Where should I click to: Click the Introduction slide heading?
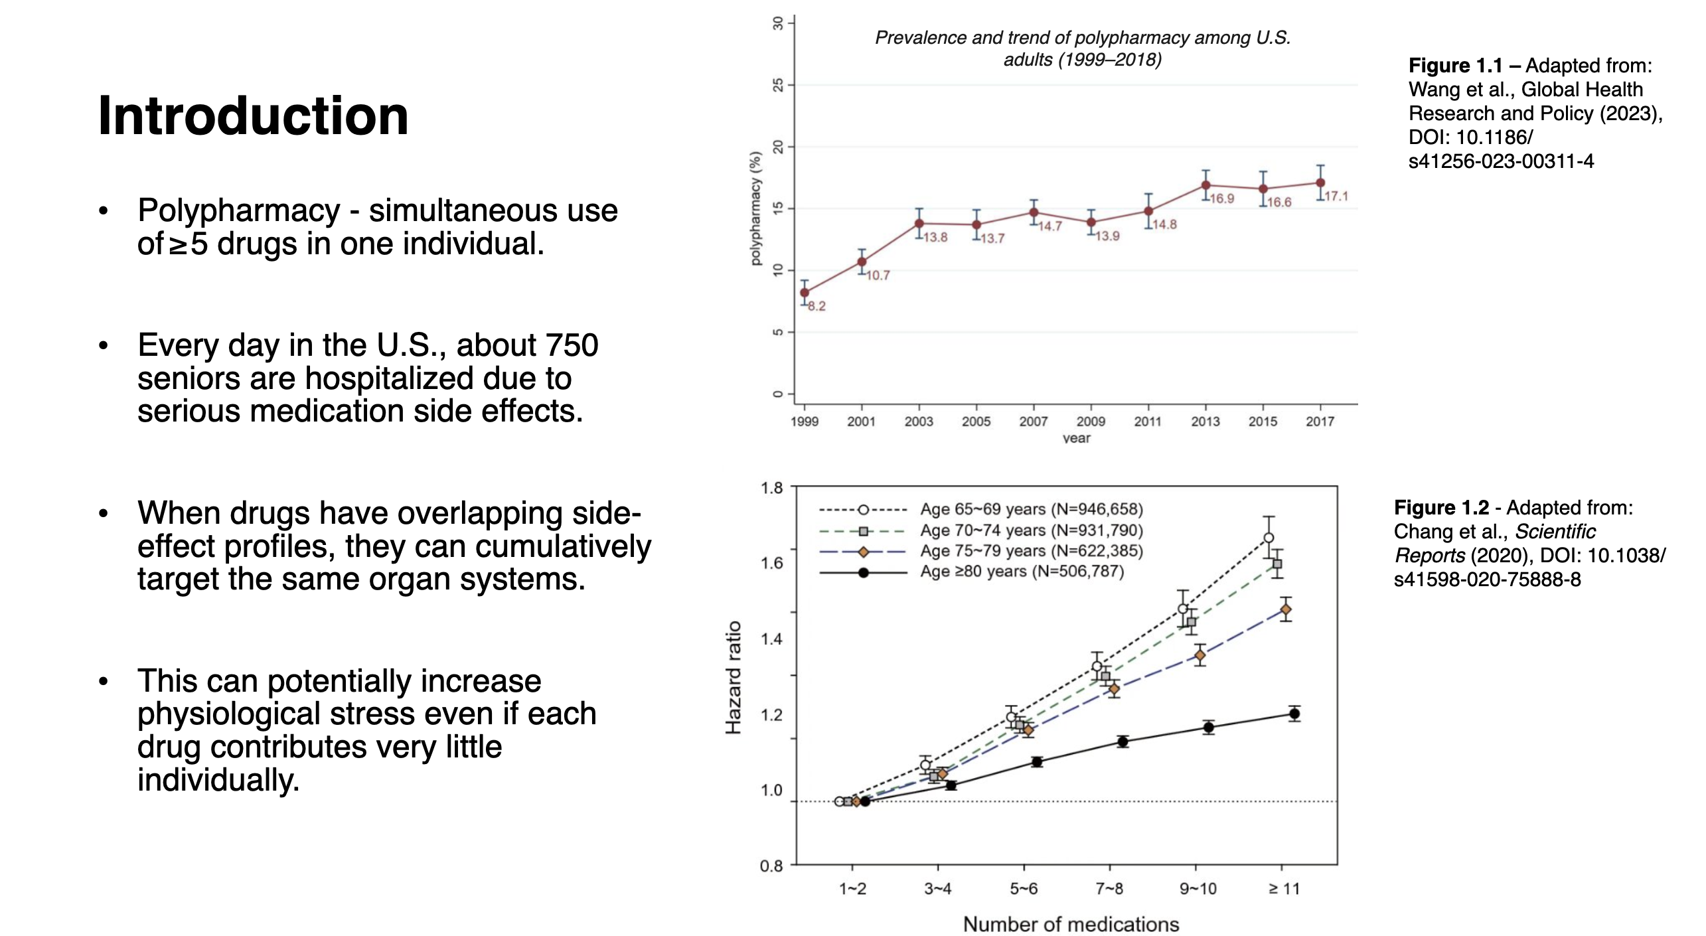pos(253,116)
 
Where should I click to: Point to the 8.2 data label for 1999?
pos(816,306)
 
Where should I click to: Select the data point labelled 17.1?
pos(1320,183)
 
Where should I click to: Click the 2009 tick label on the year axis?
pos(1091,421)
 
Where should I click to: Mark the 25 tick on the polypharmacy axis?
pos(778,85)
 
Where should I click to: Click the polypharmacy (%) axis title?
pos(755,208)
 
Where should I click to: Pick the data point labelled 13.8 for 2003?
pos(919,224)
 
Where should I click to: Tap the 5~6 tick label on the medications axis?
pos(1024,888)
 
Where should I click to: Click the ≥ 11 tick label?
pos(1284,888)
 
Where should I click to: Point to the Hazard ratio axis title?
pos(733,678)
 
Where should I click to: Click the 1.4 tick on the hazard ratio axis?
pos(772,639)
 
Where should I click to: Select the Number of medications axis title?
pos(1071,924)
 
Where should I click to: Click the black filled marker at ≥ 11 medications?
pos(1294,714)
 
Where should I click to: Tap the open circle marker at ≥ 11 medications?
pos(1269,538)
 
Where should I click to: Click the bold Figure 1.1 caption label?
pos(1456,66)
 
